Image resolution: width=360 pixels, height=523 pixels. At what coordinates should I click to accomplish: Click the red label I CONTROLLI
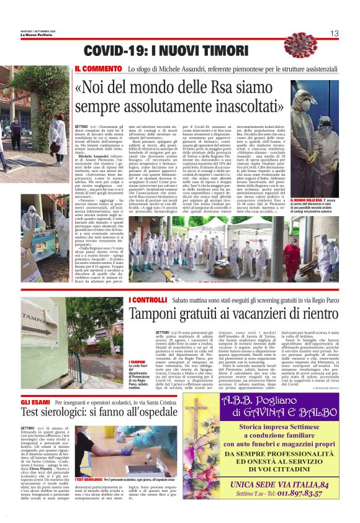pos(148,301)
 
